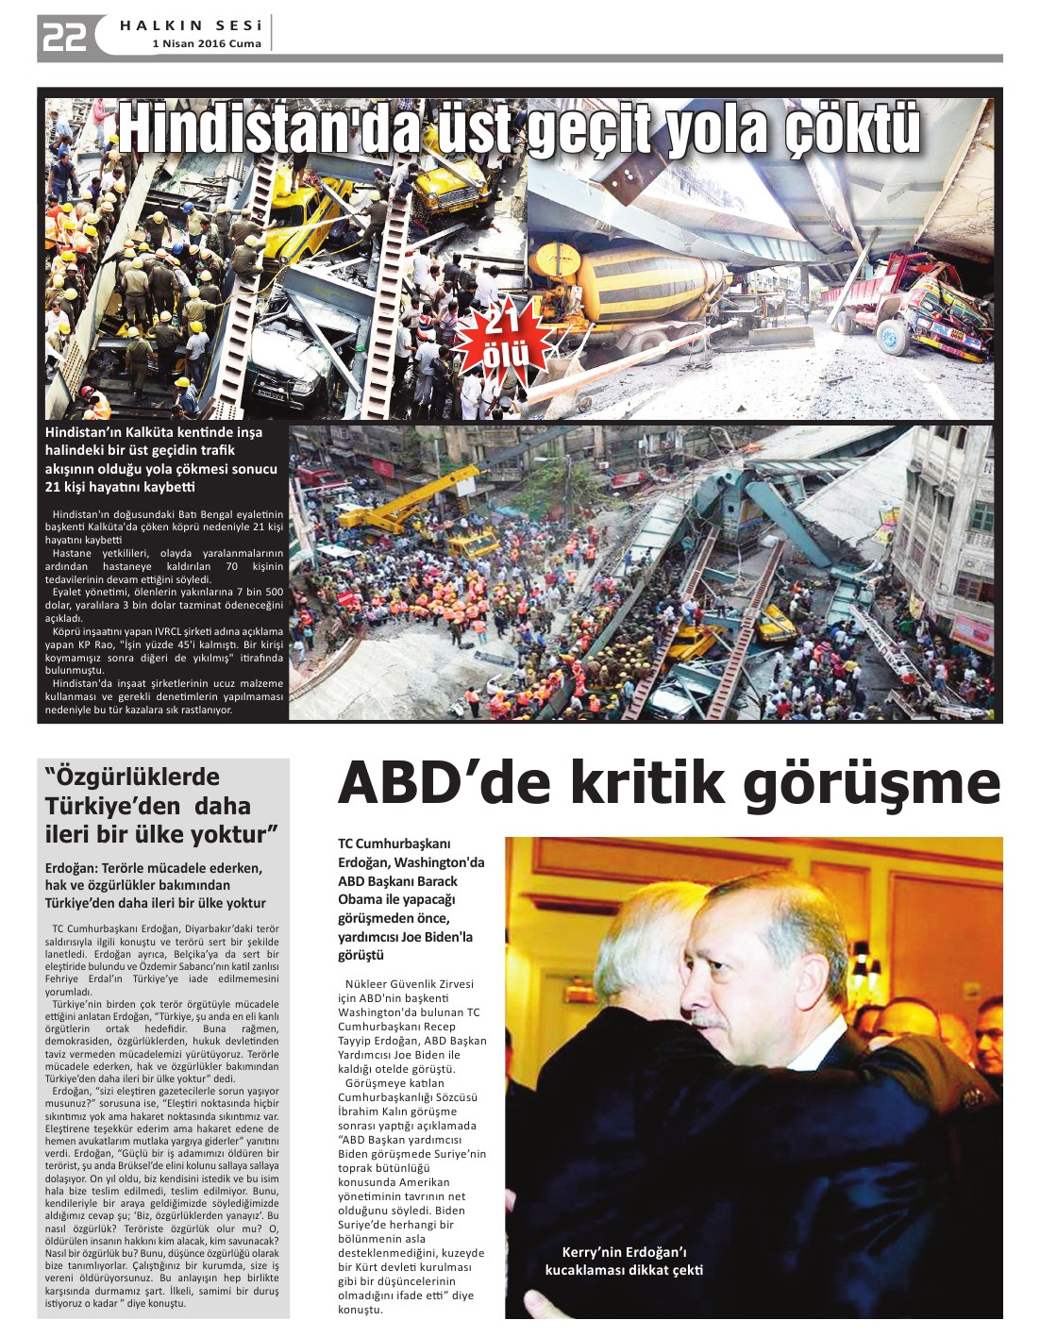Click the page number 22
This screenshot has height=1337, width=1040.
64,37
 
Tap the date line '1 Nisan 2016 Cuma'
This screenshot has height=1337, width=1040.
207,43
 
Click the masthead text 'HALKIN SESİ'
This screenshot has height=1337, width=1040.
191,25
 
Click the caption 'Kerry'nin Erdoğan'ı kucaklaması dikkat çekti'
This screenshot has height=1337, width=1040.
624,1261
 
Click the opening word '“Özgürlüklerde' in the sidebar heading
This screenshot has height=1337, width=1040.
132,777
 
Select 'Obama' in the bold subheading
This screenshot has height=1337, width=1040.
360,899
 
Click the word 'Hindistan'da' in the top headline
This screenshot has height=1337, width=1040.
268,129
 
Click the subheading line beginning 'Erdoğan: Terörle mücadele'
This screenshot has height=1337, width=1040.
154,868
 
